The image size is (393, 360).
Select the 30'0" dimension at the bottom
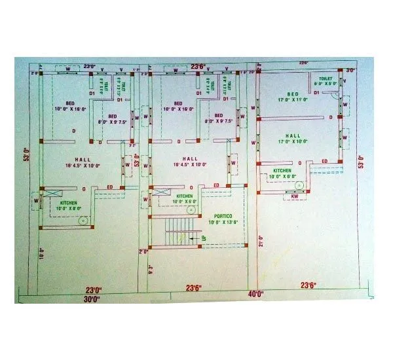click(92, 299)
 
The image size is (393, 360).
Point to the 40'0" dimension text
click(255, 294)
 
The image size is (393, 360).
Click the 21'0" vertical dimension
click(261, 242)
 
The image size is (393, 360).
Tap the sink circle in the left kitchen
click(83, 221)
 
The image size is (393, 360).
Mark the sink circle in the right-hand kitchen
click(299, 185)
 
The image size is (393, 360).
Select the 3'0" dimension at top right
click(350, 70)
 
